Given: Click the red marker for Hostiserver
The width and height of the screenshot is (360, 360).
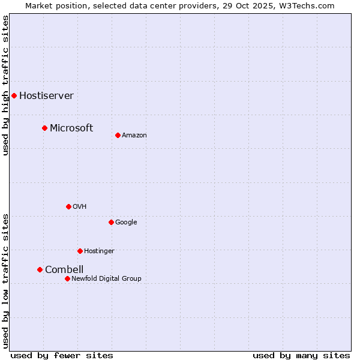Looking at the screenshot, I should click(14, 95).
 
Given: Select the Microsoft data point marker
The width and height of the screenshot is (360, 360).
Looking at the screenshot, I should click(44, 128).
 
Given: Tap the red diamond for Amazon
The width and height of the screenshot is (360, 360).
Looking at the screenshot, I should click(118, 135).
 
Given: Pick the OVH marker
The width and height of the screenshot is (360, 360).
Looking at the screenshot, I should click(68, 206).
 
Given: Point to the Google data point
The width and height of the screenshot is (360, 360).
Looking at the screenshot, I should click(111, 222).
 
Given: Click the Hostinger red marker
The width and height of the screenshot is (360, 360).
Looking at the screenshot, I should click(80, 251).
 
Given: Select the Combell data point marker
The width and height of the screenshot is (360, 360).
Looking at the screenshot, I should click(40, 269).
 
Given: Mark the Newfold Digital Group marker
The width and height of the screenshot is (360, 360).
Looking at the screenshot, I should click(67, 278).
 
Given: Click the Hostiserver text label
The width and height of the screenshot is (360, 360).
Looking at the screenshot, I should click(46, 96).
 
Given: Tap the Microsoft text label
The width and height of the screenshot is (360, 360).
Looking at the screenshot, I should click(71, 128).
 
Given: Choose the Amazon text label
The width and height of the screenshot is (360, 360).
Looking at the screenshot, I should click(134, 136).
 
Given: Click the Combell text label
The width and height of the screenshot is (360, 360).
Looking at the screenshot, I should click(64, 269).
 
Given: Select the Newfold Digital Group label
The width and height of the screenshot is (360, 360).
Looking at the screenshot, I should click(106, 278).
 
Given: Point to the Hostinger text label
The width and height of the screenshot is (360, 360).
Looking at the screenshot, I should click(99, 251).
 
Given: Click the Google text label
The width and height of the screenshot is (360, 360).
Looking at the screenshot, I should click(126, 223).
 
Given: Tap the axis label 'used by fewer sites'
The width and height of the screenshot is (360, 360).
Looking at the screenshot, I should click(62, 355).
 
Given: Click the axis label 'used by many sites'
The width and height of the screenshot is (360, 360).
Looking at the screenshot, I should click(301, 355).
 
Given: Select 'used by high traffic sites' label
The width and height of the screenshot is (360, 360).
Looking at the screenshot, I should click(5, 85).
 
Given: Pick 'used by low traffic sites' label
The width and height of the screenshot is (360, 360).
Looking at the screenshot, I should click(5, 281).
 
